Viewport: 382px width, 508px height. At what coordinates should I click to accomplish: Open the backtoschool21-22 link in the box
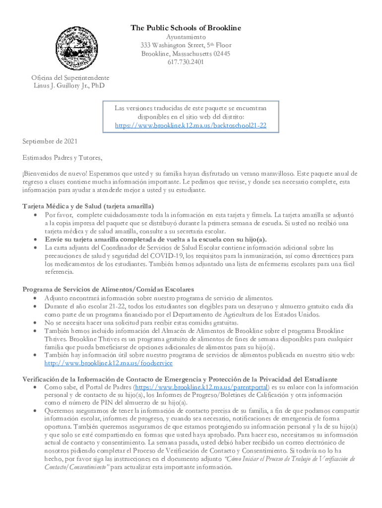(x=191, y=126)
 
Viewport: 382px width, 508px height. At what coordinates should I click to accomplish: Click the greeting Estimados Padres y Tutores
(x=63, y=158)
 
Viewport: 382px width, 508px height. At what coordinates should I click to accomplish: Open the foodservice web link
(x=108, y=363)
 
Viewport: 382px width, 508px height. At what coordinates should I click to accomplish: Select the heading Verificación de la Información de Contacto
(x=180, y=379)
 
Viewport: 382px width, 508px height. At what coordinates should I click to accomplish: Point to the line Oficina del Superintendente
(x=70, y=78)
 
